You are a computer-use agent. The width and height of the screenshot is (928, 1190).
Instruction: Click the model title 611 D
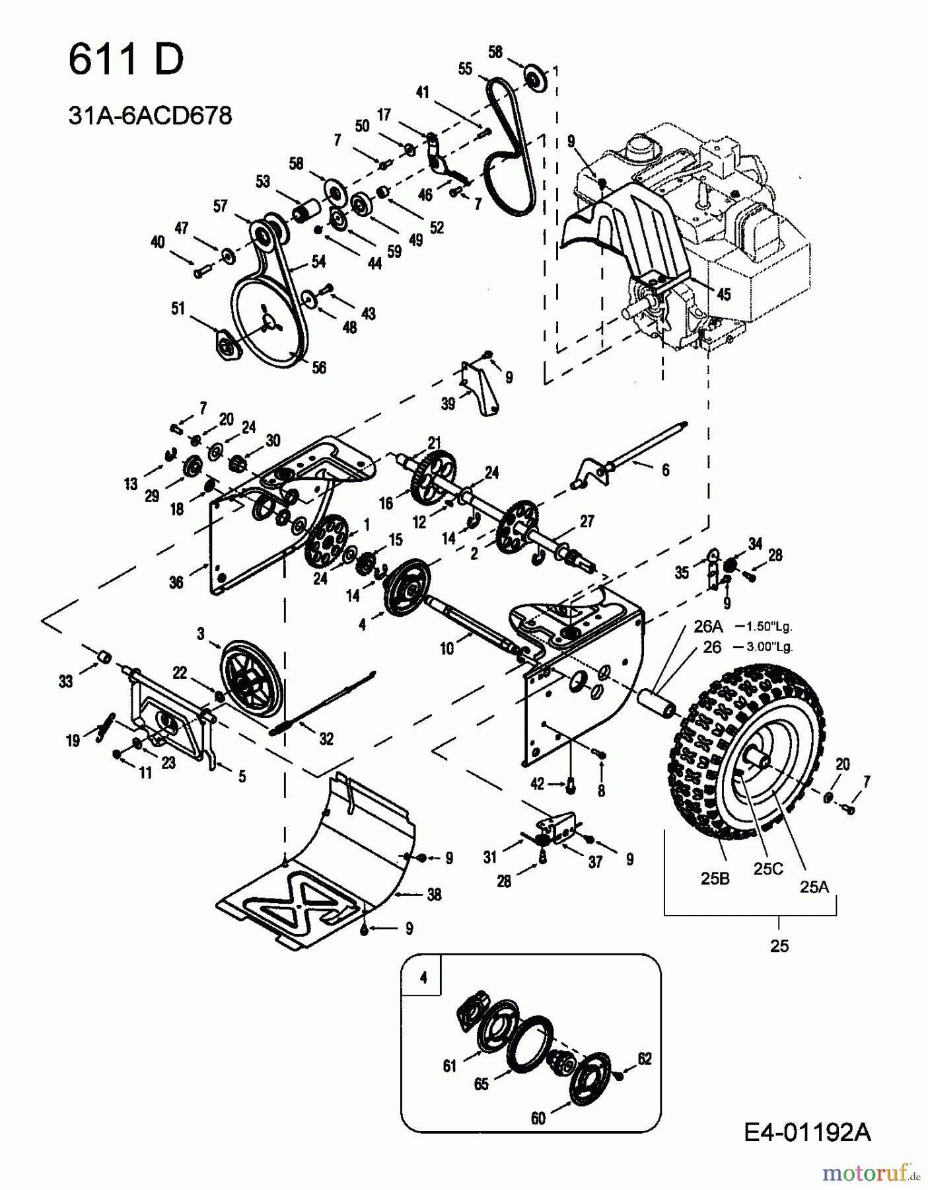tap(126, 60)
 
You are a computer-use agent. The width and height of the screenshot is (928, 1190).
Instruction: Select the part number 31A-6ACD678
tap(151, 116)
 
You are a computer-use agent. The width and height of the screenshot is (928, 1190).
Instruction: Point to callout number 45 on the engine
tap(724, 294)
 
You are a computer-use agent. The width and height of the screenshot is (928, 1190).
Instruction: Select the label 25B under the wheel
tap(715, 879)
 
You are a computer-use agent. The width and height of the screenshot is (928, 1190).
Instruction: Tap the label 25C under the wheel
tap(768, 869)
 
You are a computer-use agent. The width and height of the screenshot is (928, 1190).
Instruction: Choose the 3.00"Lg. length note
tap(770, 647)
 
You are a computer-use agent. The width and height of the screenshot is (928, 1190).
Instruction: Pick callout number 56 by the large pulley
tap(319, 368)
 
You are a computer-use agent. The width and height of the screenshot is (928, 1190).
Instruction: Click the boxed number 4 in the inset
tap(423, 977)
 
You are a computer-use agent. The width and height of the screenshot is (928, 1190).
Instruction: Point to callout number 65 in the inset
tap(482, 1084)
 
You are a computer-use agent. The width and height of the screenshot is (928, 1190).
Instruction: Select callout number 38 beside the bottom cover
tap(434, 894)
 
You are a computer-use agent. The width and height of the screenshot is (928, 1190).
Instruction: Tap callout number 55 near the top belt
tap(465, 69)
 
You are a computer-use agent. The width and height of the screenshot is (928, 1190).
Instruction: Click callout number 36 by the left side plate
tap(176, 582)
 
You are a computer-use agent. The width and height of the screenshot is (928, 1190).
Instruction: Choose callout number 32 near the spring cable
tap(326, 738)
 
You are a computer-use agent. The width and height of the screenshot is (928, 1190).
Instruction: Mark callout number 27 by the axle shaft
tap(587, 521)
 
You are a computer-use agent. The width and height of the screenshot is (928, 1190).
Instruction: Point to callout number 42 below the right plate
tap(538, 784)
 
